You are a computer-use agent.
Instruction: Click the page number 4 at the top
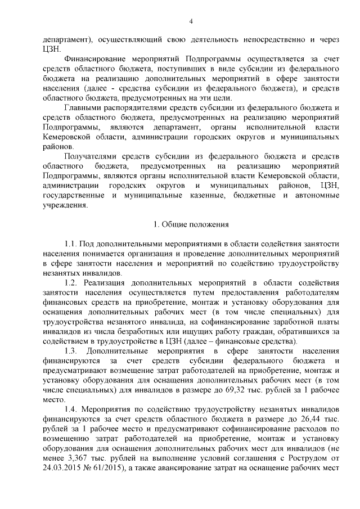tap(191, 21)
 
